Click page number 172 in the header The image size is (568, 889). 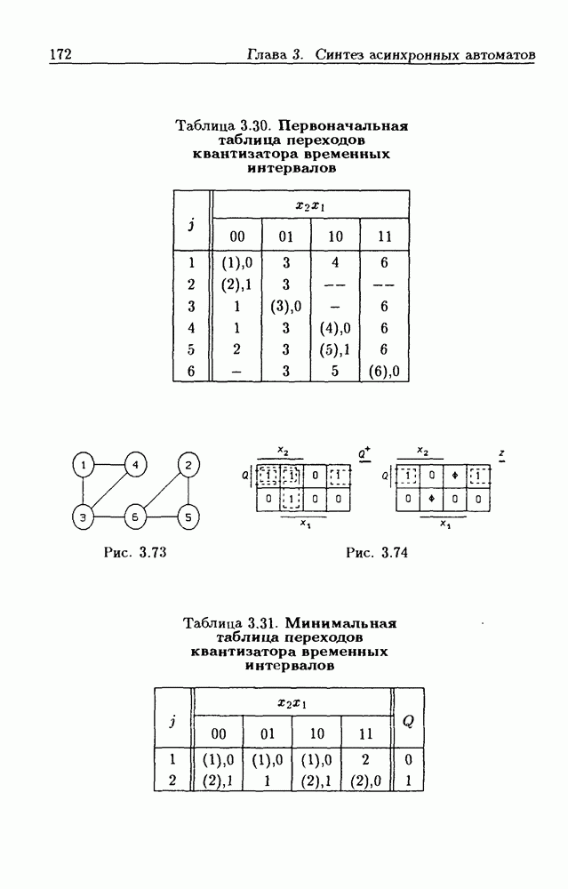[60, 54]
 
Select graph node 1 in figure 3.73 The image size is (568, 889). [84, 466]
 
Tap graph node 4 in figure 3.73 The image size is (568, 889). [135, 466]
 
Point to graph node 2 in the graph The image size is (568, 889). [188, 466]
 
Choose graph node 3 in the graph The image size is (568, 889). [84, 517]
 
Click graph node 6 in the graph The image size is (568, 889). [135, 517]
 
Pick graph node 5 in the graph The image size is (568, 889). [188, 517]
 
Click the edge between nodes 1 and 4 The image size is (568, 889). [109, 465]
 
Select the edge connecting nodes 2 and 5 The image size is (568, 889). [188, 491]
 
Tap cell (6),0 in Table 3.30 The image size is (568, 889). [384, 371]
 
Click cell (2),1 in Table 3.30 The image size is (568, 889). [236, 284]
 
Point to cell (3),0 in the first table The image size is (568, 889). [285, 306]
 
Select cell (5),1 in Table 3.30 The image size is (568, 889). [335, 349]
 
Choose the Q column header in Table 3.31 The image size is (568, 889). [408, 721]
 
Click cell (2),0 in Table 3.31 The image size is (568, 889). [365, 781]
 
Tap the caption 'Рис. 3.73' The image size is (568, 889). [135, 552]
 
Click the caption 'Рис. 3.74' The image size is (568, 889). [377, 552]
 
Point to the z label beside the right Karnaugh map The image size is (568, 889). [501, 454]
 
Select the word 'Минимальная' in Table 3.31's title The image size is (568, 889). [340, 623]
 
